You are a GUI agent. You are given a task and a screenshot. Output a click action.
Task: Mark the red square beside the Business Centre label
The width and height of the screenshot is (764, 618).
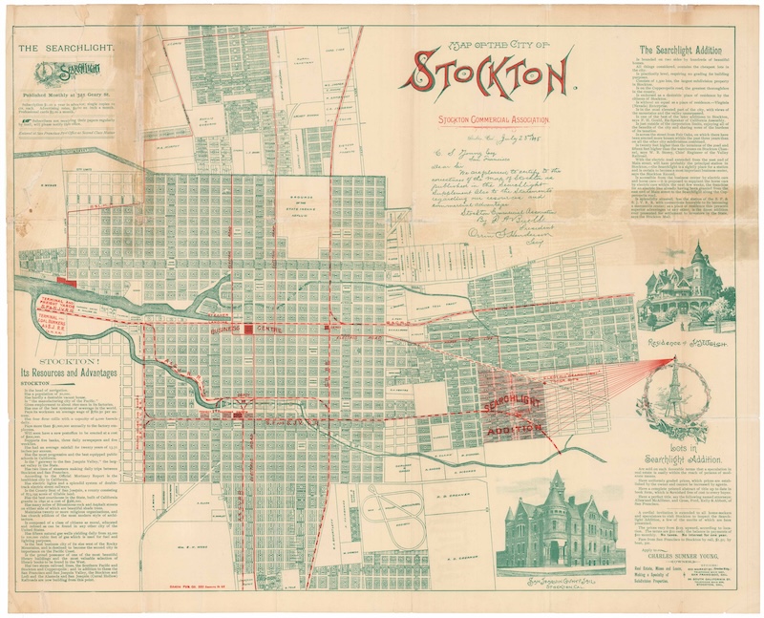tap(249, 329)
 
